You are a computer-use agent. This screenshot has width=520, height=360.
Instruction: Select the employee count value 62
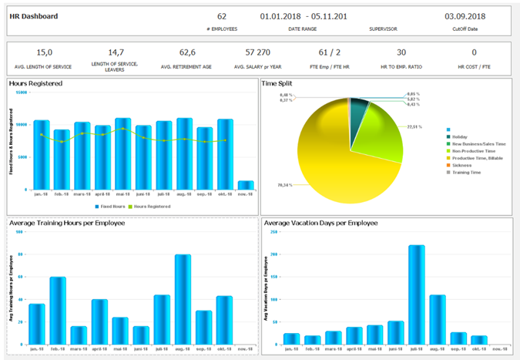(222, 15)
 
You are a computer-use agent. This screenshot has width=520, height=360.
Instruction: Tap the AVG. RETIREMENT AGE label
(186, 68)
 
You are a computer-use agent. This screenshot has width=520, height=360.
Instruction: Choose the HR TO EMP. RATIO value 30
(401, 52)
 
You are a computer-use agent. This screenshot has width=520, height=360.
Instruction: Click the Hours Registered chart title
(35, 82)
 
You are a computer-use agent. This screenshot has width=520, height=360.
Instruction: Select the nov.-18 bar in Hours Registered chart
(246, 185)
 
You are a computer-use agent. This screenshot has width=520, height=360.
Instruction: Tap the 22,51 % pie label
(415, 126)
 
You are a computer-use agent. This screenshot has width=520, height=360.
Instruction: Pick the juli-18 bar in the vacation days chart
(416, 294)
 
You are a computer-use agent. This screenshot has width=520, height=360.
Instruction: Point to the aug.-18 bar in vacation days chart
(437, 319)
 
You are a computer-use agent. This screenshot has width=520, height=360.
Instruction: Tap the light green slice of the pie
(377, 123)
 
